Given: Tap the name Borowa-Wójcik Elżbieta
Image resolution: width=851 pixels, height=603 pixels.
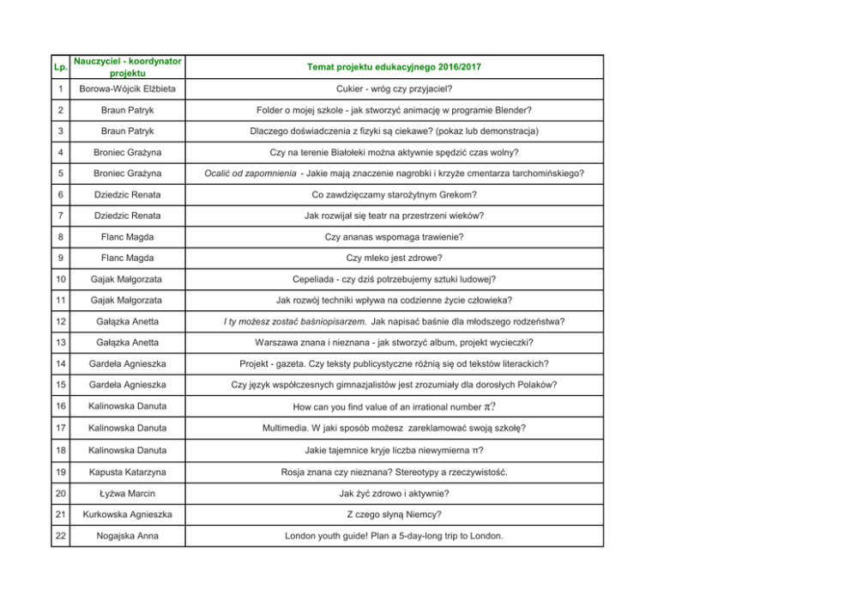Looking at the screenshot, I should [127, 88].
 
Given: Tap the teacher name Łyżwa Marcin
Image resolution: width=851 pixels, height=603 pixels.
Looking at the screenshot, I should [127, 494].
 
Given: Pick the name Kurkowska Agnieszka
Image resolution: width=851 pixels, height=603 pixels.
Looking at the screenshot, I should [127, 515].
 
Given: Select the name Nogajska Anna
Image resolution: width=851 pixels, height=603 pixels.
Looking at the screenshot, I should [127, 536].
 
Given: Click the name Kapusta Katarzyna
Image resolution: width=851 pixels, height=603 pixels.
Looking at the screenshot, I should [127, 472].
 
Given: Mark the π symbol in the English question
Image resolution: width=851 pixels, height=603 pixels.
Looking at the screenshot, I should [487, 406].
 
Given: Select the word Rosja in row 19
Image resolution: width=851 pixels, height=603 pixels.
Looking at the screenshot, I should [294, 472].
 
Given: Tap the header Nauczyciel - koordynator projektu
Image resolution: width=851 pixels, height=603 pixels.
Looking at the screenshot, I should [127, 67].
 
